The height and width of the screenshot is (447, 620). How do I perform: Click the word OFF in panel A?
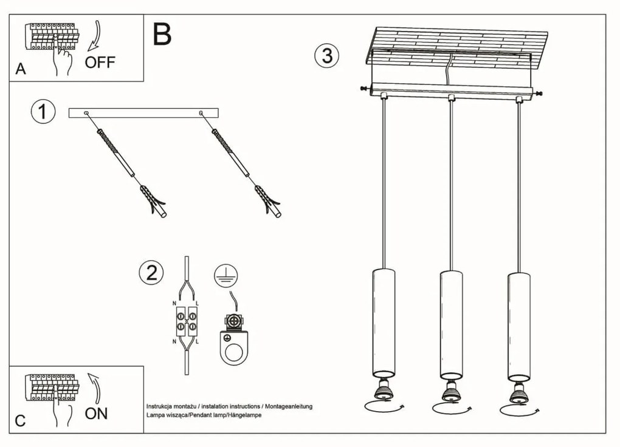(x=100, y=61)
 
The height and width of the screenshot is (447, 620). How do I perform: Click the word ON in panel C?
(x=96, y=414)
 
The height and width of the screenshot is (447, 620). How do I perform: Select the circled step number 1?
(x=43, y=112)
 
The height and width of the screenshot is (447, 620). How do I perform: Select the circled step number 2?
(x=151, y=273)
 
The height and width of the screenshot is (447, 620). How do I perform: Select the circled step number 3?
(x=326, y=55)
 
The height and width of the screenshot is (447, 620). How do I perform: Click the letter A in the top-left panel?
(x=21, y=69)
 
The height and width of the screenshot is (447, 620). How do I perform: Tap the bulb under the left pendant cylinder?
(x=384, y=389)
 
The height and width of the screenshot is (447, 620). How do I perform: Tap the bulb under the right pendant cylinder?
(x=518, y=394)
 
